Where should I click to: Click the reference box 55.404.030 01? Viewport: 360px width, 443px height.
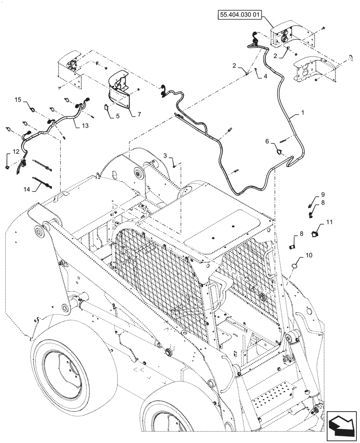tap(240, 15)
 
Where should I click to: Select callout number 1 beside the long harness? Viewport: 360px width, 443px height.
tap(303, 114)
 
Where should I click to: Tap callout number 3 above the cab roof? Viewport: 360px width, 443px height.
tap(165, 156)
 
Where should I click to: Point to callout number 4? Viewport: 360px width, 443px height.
tap(265, 76)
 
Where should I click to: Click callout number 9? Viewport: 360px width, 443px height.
tap(323, 194)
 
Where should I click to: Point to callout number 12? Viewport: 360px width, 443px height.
tap(16, 152)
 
